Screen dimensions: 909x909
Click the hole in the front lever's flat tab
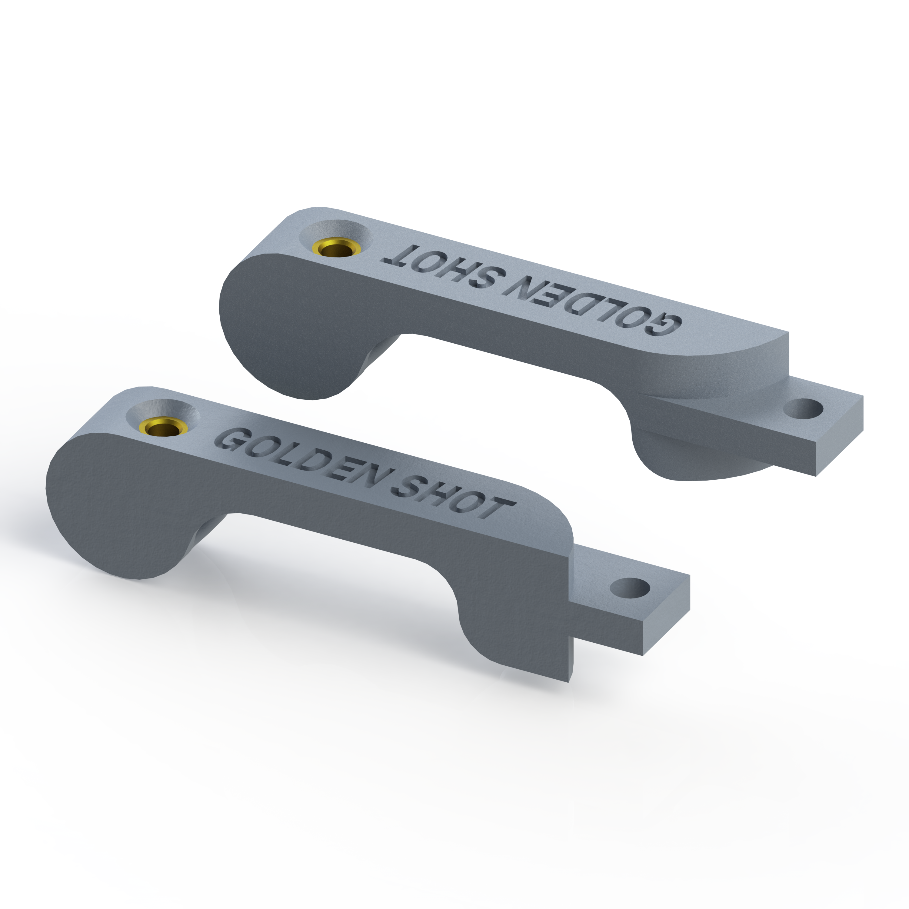tap(630, 588)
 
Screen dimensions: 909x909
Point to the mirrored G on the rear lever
tap(663, 327)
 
